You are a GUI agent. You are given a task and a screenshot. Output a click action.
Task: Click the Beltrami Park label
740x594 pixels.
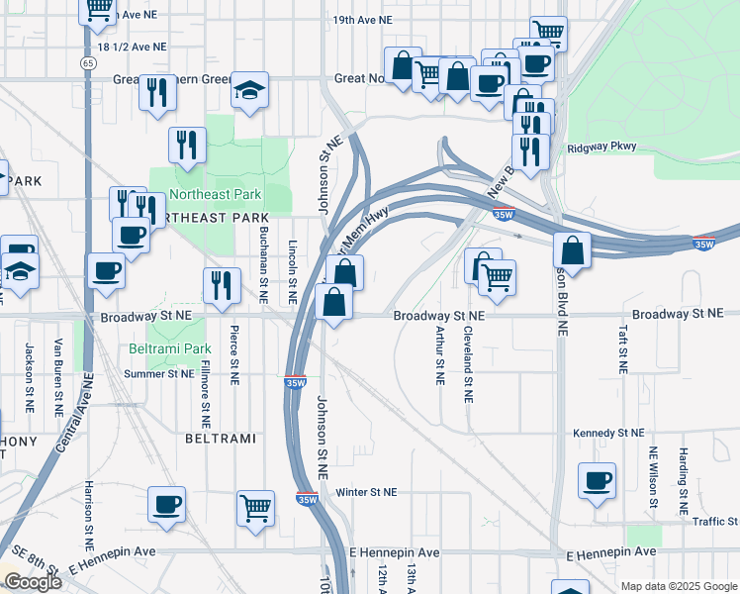[x=170, y=349]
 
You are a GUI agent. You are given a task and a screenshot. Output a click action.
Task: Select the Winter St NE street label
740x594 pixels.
[x=366, y=492]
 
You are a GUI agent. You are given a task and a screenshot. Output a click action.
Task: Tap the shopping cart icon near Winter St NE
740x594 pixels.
[x=255, y=509]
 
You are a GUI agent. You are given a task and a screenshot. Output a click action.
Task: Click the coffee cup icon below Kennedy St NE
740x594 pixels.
[x=597, y=480]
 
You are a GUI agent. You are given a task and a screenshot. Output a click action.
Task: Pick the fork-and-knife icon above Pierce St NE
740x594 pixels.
[x=222, y=285]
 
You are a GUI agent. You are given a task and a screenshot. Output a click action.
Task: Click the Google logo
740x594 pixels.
[x=33, y=582]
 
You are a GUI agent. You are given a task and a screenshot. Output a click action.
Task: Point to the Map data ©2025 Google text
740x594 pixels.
[x=679, y=586]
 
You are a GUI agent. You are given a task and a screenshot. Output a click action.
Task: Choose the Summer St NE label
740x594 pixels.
[x=158, y=374]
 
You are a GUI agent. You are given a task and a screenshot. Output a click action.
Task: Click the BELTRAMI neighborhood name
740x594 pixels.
[x=221, y=437]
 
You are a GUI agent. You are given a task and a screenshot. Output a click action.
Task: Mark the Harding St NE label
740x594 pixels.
[x=683, y=473]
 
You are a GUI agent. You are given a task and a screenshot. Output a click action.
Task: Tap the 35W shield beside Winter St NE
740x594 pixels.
[x=308, y=500]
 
